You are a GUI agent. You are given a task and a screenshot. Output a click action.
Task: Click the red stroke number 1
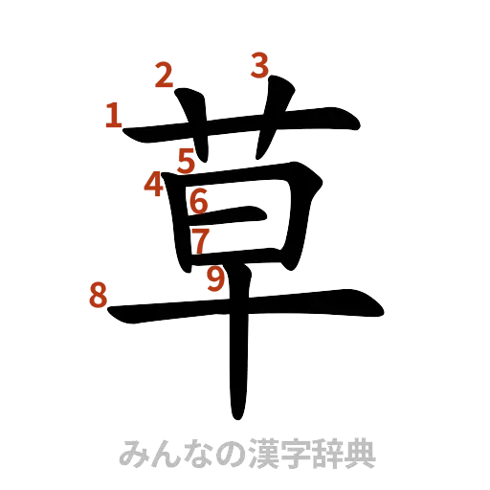[x=113, y=118]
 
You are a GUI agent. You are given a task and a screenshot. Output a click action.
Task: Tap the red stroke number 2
[x=165, y=76]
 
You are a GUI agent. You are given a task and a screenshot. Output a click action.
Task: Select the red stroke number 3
[x=258, y=65]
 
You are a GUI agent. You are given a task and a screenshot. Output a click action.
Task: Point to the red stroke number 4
[x=153, y=183]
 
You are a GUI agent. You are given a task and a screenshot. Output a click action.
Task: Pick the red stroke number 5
[x=187, y=160]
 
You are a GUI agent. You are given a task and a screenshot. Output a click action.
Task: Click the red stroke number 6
[x=198, y=201]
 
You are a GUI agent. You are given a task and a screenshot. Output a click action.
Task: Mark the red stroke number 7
[x=199, y=239]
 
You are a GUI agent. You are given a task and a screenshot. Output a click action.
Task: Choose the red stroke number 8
[x=96, y=296]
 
